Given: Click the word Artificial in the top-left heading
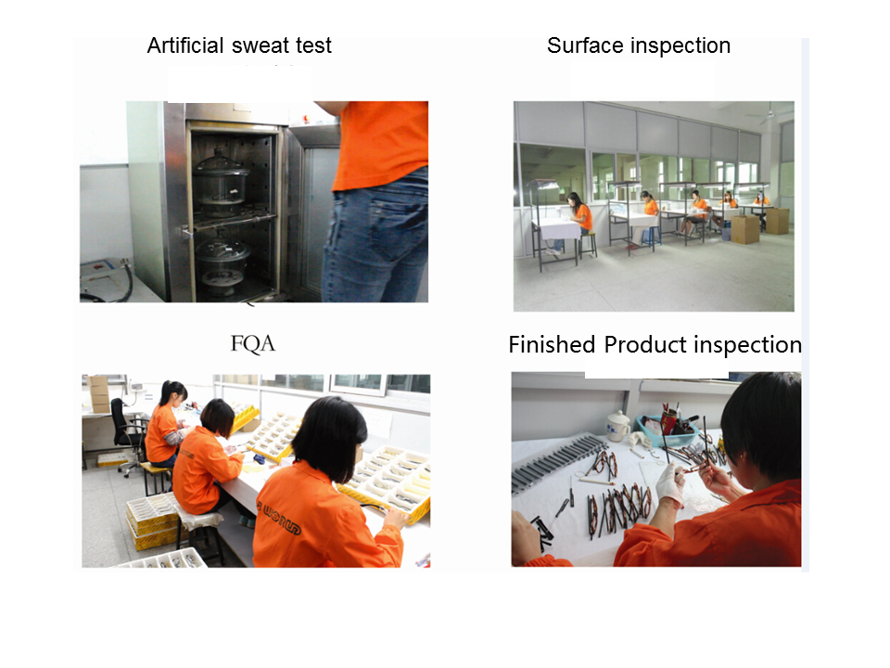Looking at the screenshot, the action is pyautogui.click(x=185, y=45).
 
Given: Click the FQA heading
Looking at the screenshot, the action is pyautogui.click(x=253, y=343).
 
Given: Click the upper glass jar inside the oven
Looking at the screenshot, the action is pyautogui.click(x=221, y=177).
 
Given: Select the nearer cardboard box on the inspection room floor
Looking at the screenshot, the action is pyautogui.click(x=744, y=229).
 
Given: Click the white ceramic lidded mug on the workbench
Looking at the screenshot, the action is pyautogui.click(x=617, y=427).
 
